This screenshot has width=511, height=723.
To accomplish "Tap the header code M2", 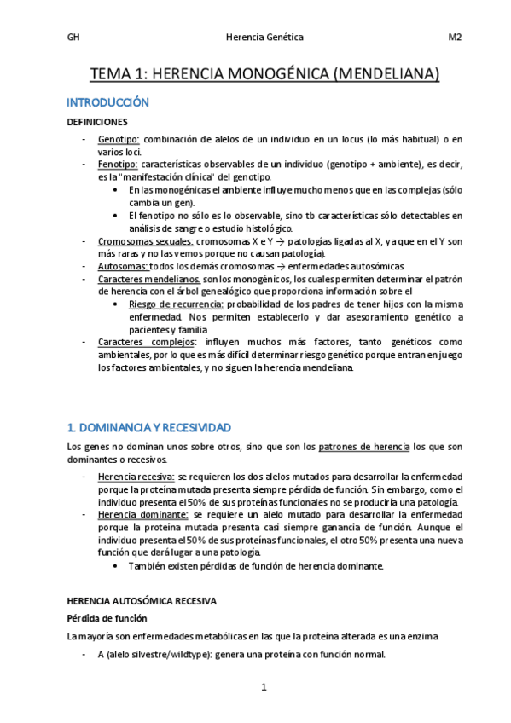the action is (455, 38).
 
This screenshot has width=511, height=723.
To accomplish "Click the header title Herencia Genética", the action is (264, 38).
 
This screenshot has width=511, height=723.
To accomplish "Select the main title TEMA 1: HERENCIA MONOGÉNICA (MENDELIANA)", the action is (264, 75).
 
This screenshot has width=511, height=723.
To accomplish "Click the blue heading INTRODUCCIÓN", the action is (107, 102).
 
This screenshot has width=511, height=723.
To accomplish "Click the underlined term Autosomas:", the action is (123, 266).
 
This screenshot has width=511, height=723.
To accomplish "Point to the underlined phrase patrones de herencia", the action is (363, 446).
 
